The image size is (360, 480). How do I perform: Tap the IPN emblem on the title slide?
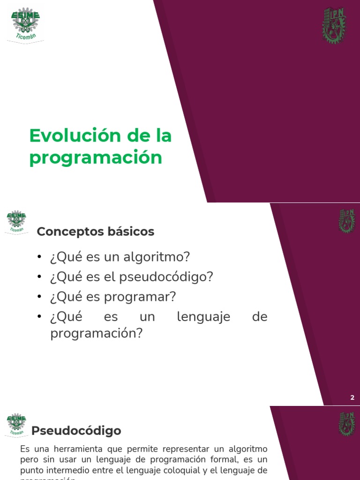coord(334,26)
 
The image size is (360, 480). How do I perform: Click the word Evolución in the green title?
coord(72,136)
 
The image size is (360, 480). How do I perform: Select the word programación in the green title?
coord(96,157)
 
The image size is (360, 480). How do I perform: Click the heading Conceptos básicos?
coord(95,232)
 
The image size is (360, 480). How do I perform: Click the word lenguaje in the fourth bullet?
coord(203,317)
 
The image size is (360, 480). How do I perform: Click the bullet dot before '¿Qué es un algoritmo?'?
coord(40,257)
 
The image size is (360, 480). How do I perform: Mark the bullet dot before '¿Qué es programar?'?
coord(40,297)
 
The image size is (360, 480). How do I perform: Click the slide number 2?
coord(352,397)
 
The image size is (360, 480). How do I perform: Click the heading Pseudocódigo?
coord(76,430)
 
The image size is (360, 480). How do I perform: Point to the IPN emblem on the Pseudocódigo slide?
coord(347,424)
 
